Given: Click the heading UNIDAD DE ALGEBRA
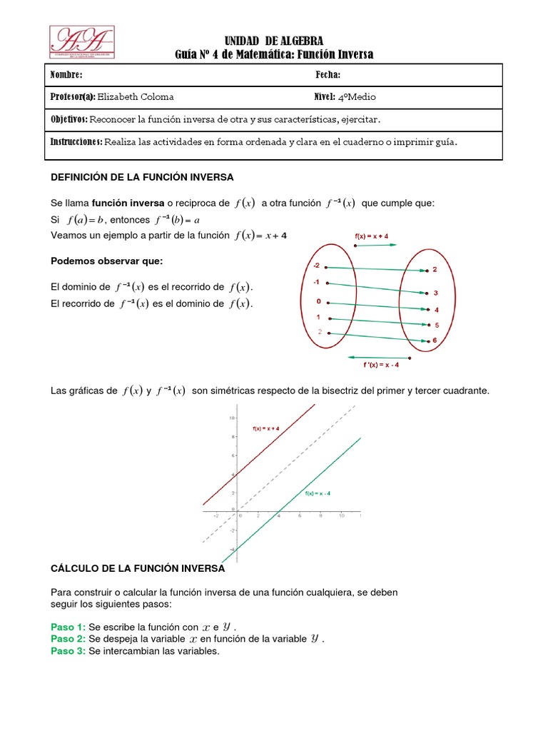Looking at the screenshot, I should (274, 41).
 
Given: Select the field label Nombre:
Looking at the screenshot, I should (66, 75).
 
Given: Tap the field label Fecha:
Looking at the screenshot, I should (328, 75).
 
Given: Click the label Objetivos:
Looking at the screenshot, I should (69, 119).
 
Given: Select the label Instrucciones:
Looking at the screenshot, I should (76, 141).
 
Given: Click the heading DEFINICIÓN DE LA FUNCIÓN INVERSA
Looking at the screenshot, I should (142, 176).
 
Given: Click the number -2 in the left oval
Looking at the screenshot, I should (317, 266).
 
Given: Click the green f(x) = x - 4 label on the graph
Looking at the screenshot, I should (318, 493).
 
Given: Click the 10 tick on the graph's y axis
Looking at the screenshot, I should (232, 417).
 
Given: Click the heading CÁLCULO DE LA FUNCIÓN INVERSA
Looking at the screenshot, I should (138, 568).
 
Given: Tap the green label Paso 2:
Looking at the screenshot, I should (68, 639).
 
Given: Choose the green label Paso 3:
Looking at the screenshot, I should (68, 652).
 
